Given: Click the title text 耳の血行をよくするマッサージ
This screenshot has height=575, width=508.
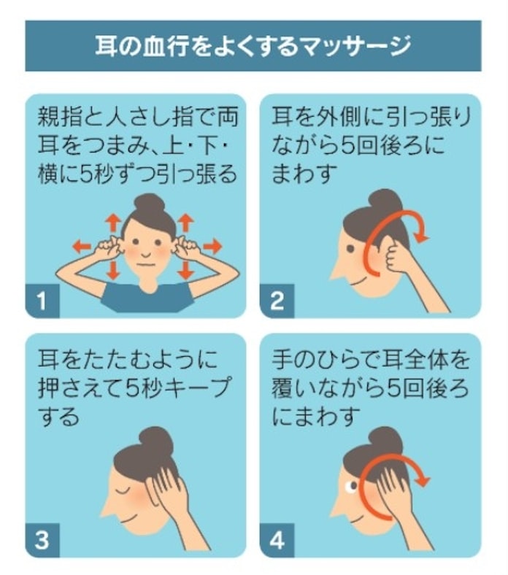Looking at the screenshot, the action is click(x=253, y=46).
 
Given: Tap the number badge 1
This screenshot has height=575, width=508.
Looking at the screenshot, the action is click(x=42, y=301).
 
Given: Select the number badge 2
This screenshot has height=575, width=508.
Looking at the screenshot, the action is click(x=277, y=301).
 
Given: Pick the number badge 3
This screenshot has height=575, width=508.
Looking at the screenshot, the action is click(x=42, y=540).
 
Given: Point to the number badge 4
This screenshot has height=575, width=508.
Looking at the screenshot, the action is click(x=277, y=540).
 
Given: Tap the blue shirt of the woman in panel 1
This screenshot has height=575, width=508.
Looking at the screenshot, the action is click(x=147, y=297).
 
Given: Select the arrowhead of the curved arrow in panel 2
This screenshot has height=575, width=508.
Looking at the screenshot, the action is click(x=422, y=238).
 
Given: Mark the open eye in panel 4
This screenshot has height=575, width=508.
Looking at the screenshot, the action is click(x=351, y=487).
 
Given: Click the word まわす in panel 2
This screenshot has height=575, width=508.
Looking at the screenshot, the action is click(x=304, y=174).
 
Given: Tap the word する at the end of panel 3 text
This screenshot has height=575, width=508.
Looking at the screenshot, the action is click(x=58, y=416).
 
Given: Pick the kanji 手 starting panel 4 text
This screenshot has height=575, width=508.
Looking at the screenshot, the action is click(x=282, y=358).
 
